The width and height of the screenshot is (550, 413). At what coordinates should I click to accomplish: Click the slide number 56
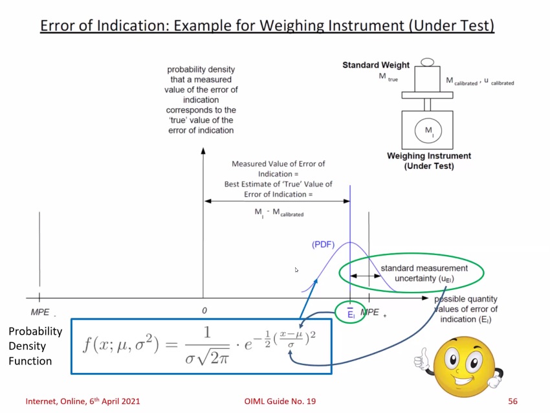(512, 401)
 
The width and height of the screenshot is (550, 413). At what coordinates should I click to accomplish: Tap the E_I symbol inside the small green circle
(350, 313)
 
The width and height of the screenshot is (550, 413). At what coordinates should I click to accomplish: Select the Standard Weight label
(376, 65)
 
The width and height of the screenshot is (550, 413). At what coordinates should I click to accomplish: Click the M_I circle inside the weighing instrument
(428, 131)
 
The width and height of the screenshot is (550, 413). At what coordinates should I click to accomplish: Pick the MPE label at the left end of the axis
(40, 312)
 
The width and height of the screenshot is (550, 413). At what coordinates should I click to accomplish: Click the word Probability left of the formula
(35, 331)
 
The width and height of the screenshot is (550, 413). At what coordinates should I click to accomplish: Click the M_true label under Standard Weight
(388, 78)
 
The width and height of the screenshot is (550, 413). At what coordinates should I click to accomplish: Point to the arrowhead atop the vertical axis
(203, 151)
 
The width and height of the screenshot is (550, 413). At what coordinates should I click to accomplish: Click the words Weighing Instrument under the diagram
(429, 156)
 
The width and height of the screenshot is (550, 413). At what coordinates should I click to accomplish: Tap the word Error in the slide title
(58, 26)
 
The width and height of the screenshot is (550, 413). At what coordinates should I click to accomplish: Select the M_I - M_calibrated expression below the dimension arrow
(279, 213)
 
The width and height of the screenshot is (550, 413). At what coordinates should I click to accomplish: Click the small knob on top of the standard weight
(426, 63)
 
